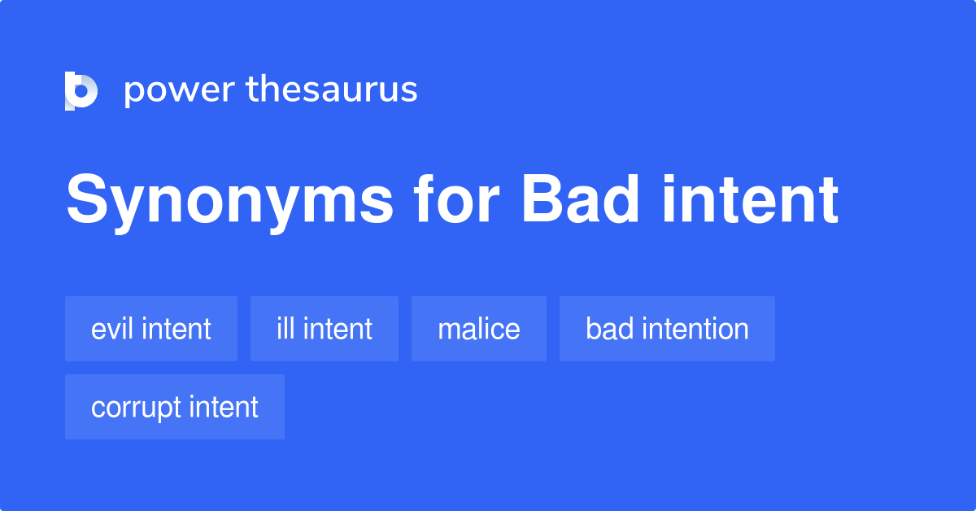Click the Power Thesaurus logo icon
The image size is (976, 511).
[81, 90]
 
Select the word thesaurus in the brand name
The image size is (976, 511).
[332, 90]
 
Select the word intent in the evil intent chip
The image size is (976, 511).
[176, 329]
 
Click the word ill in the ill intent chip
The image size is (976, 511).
[285, 329]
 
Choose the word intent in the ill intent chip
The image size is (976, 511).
[338, 329]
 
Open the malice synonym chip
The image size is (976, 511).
[479, 329]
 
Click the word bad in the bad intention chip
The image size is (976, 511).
[609, 329]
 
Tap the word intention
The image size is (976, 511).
[695, 329]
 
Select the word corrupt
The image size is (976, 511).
[135, 408]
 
